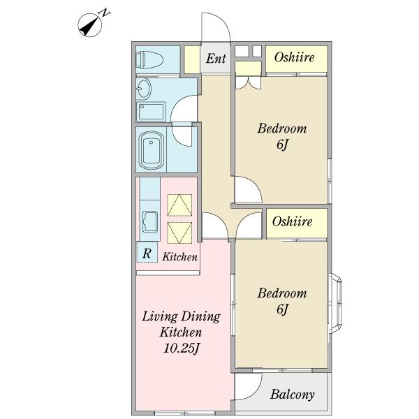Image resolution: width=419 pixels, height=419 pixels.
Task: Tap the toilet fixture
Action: pos(149,60)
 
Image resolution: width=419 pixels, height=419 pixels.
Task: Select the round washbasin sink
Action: pos(144,88)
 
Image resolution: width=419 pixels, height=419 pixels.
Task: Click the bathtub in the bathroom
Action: pos(152,150)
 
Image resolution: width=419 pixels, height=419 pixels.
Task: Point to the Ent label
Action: pos(216,58)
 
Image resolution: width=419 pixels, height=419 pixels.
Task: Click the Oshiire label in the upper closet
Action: pos(294,57)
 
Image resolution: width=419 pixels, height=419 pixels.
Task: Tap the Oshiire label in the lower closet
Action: pos(293,221)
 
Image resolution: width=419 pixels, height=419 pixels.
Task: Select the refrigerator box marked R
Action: pos(147,253)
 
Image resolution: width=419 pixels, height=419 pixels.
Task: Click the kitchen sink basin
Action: pos(150,222)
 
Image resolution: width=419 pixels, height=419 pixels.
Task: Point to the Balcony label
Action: pos(293,395)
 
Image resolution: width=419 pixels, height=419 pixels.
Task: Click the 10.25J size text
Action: pos(182,348)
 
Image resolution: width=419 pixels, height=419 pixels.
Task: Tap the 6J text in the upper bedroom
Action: pos(282,145)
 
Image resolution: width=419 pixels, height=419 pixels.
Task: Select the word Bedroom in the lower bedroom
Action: pos(282,293)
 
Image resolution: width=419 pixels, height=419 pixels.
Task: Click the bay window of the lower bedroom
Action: pos(336,303)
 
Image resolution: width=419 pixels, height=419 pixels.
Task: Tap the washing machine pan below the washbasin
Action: pos(151,112)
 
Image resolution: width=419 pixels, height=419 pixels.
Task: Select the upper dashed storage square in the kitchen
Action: pos(179,205)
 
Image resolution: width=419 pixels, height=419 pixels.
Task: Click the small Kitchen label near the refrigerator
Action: pos(180,257)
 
